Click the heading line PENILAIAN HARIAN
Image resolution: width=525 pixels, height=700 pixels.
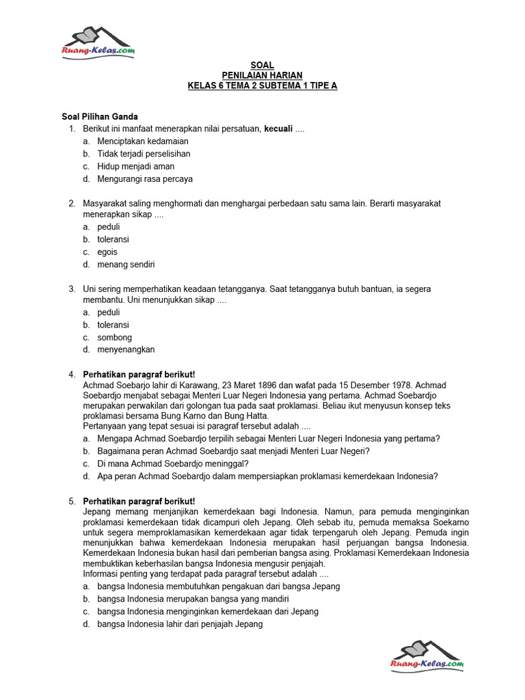pyautogui.click(x=262, y=75)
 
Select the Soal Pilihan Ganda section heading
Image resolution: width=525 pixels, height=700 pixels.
pyautogui.click(x=100, y=117)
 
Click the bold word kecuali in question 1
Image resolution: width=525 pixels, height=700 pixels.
pyautogui.click(x=278, y=129)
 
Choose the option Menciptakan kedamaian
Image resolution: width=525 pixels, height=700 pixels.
pyautogui.click(x=143, y=142)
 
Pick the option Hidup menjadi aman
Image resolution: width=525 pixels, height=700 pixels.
pyautogui.click(x=135, y=166)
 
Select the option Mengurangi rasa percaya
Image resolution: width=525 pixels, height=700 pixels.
pyautogui.click(x=145, y=179)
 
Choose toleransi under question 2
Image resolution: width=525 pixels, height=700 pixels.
pyautogui.click(x=113, y=239)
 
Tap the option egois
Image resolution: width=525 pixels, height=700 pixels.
pyautogui.click(x=107, y=252)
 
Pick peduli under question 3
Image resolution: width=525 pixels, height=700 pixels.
pyautogui.click(x=109, y=312)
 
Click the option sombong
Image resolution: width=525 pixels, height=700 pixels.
pyautogui.click(x=114, y=338)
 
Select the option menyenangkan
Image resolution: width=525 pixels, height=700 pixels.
pyautogui.click(x=126, y=349)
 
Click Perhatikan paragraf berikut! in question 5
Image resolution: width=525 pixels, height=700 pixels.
pyautogui.click(x=139, y=501)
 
